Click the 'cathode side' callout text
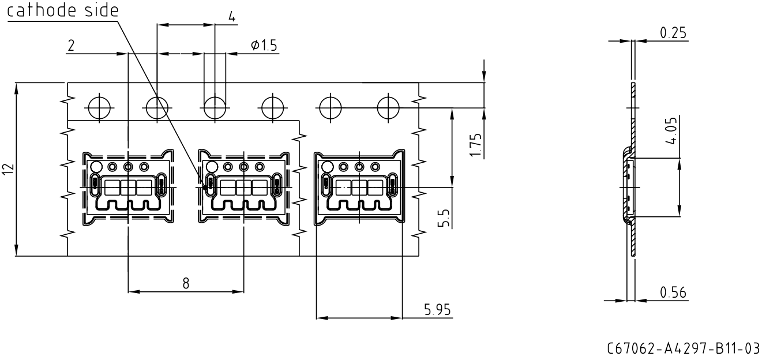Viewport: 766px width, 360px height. tap(63, 10)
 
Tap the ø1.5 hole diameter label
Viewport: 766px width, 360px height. tap(264, 45)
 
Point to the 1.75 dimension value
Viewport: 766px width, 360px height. tap(476, 145)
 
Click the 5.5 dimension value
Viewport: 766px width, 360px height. tap(444, 218)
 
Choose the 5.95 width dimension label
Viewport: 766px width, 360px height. tap(437, 310)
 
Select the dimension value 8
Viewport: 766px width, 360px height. tap(186, 283)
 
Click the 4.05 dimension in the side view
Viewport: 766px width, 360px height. tap(671, 131)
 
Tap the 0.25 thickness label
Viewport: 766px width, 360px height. tap(673, 33)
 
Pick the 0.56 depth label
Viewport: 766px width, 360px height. tap(673, 292)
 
